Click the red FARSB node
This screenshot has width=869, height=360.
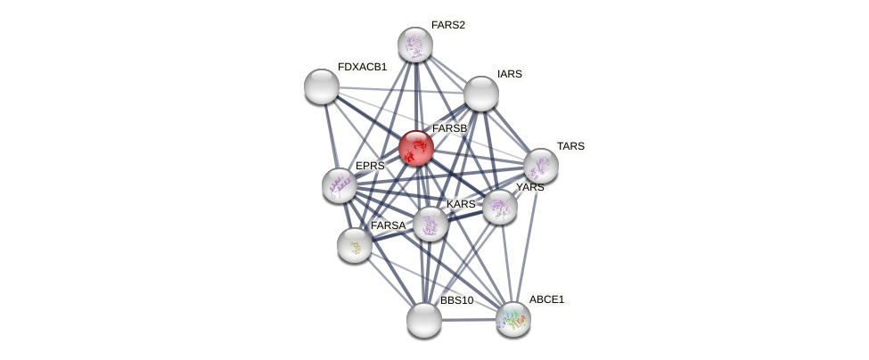click(415, 148)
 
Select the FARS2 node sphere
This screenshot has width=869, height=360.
click(414, 45)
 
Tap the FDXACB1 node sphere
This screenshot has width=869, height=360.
click(321, 86)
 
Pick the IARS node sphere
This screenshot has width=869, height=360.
click(481, 94)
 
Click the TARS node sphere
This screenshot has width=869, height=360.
click(540, 166)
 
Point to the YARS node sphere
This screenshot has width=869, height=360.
click(500, 207)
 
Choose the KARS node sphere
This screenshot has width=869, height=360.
click(430, 224)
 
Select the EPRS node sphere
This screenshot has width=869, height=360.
click(339, 185)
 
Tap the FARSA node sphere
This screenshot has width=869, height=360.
click(355, 245)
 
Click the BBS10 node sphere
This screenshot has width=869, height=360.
click(424, 320)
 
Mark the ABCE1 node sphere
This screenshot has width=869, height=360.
click(512, 319)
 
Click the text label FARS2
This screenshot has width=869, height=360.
click(447, 25)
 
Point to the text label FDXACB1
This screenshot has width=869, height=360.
click(362, 67)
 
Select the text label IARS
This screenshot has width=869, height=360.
click(509, 74)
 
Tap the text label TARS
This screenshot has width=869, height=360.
click(570, 146)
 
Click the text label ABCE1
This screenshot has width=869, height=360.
click(546, 299)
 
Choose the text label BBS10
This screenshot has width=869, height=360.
click(456, 300)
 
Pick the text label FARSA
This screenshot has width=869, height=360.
click(388, 225)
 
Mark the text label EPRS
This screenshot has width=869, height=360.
click(370, 166)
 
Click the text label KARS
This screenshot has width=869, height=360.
click(461, 204)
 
